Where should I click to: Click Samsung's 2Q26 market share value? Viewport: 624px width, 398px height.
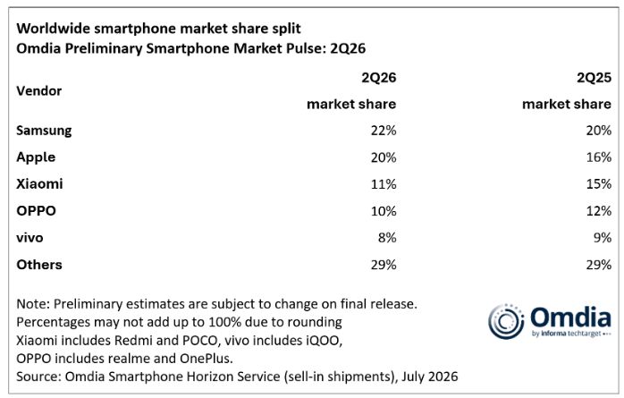coord(384,131)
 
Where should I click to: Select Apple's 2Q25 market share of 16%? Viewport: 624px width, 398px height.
coord(599,157)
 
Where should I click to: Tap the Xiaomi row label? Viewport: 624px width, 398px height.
coord(39,184)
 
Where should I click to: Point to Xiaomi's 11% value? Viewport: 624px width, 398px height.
coord(384,184)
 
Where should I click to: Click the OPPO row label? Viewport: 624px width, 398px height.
coord(37,210)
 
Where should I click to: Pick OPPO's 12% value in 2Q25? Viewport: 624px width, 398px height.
coord(599,210)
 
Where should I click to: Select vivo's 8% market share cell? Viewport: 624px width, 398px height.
coord(387,238)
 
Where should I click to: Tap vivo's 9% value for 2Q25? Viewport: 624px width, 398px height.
coord(603,238)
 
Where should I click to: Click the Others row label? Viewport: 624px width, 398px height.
coord(39,265)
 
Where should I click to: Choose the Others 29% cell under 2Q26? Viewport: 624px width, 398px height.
coord(384,265)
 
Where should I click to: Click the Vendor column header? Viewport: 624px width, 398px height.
coord(39,90)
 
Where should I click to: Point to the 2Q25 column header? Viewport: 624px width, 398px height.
coord(594,77)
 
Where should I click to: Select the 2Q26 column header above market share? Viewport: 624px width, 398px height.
coord(378,77)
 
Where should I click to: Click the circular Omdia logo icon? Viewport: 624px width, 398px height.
coord(506,322)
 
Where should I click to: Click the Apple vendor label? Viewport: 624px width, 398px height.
coord(36,157)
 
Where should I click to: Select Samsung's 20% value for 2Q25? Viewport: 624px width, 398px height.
coord(599,131)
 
